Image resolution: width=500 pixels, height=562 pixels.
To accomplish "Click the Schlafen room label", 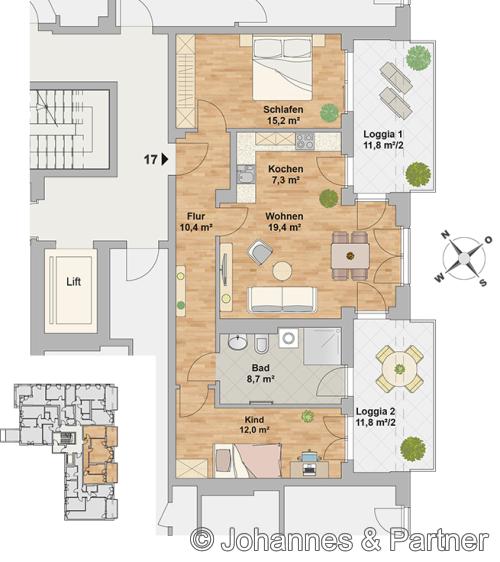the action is point(283,109).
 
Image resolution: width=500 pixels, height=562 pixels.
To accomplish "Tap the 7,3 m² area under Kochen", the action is point(285,180).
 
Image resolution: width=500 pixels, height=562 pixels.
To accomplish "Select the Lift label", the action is point(73,282).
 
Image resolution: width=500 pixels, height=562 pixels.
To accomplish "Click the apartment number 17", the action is point(151,159).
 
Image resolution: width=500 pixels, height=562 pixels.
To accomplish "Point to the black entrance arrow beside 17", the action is point(165,159).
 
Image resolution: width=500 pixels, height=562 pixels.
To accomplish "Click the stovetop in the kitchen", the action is point(305,141).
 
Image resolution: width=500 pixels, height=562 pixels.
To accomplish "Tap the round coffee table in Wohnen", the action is point(282,271).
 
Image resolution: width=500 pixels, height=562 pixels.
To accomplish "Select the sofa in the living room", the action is point(283,299).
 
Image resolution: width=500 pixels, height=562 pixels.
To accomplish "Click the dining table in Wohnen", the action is point(350,256).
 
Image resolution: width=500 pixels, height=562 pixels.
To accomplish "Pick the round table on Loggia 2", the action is point(399,368).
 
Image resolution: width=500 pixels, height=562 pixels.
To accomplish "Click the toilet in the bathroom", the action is point(262,344).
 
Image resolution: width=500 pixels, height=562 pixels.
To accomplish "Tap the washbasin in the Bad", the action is point(238,342).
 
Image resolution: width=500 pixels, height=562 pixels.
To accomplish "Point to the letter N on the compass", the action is point(445,235).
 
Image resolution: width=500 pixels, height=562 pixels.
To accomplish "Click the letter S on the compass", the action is point(483,282).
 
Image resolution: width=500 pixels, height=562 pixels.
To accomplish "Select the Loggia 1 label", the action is point(383,134).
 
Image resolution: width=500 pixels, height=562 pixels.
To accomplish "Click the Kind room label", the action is point(254,419).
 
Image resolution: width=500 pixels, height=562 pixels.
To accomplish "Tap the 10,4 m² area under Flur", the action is point(196,227).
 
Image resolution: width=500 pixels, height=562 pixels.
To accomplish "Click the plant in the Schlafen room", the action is point(329,113).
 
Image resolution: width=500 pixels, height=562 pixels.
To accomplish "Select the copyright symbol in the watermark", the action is point(202,539).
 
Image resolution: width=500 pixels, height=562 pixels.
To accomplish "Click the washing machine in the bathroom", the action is point(289,337).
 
